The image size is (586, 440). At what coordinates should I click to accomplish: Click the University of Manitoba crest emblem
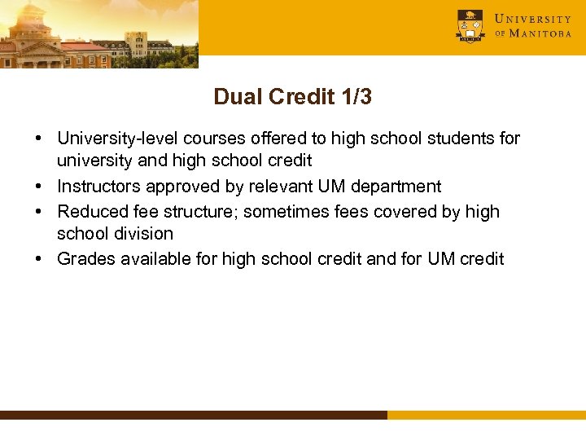470,26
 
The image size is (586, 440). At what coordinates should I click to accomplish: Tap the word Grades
84,259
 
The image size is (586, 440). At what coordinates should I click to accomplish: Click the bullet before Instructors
39,187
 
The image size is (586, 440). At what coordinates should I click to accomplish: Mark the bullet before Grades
39,260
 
